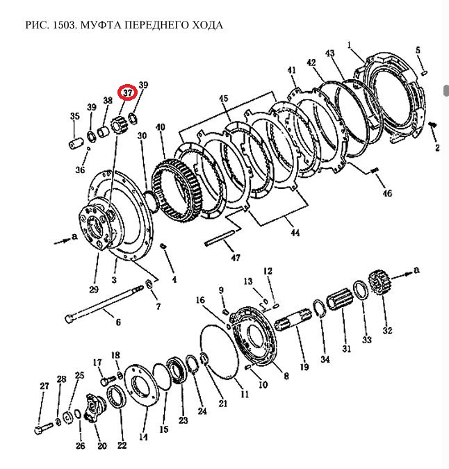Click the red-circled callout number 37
[128, 92]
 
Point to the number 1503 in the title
[62, 25]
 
